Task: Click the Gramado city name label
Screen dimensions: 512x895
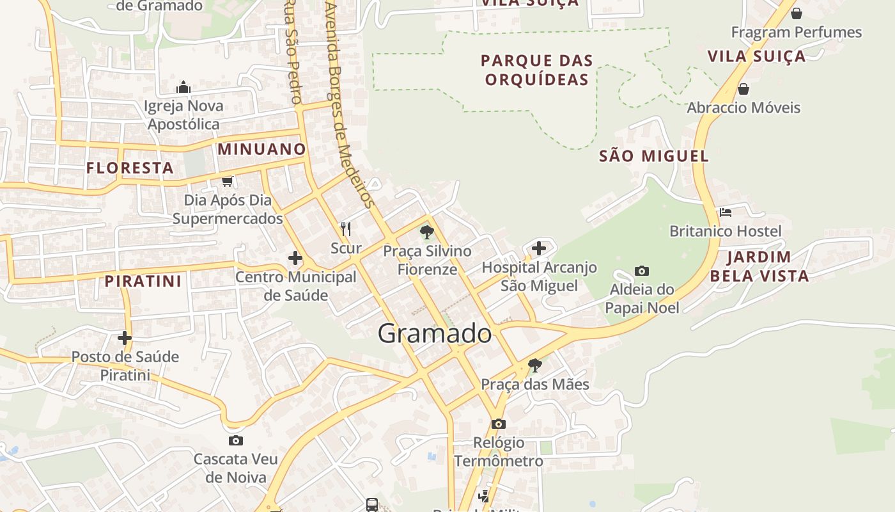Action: click(435, 333)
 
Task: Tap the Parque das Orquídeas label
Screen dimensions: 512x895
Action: click(537, 70)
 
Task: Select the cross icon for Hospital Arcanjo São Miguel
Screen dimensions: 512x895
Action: click(539, 248)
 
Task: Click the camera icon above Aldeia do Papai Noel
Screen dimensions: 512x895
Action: click(642, 271)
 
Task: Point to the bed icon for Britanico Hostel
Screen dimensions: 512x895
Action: click(725, 212)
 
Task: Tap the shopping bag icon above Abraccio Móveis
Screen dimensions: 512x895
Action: click(743, 89)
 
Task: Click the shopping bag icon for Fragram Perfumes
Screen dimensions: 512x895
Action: click(797, 13)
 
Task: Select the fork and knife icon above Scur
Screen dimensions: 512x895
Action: click(346, 228)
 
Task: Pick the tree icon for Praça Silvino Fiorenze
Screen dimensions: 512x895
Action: click(427, 232)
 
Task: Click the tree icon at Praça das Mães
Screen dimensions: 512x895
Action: click(535, 365)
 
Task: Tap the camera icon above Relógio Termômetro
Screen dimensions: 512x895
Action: click(499, 424)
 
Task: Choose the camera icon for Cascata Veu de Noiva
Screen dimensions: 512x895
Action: click(236, 440)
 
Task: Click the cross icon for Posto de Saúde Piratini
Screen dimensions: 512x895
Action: click(125, 337)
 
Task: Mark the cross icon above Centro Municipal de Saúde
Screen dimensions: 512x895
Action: click(295, 258)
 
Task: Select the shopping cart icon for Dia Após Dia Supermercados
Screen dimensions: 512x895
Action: click(227, 181)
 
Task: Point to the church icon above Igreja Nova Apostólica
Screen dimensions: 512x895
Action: click(183, 87)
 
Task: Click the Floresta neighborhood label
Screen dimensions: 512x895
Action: click(130, 168)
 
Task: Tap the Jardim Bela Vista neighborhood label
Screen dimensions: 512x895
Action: click(759, 267)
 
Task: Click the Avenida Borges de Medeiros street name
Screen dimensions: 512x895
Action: click(348, 102)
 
